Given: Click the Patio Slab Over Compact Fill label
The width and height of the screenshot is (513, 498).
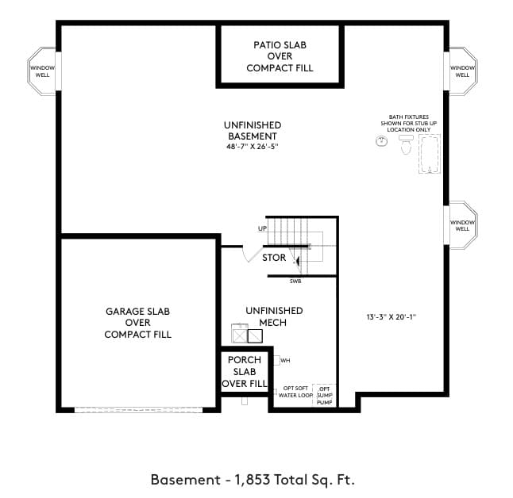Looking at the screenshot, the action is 280,56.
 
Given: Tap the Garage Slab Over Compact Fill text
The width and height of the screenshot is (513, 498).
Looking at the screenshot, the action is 137,323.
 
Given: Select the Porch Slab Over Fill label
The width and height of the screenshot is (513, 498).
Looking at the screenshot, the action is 245,372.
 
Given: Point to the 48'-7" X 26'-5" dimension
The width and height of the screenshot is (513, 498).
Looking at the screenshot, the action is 253,147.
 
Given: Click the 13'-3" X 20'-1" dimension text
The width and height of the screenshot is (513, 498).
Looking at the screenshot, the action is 391,317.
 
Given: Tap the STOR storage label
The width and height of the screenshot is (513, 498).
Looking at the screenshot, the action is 274,258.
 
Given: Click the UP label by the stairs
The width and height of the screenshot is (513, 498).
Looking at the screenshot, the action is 262,228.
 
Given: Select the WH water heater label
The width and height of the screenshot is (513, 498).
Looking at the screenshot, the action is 285,361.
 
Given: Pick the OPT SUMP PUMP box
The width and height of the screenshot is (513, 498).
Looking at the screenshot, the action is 324,396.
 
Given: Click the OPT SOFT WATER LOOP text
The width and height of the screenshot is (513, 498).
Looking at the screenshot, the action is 295,392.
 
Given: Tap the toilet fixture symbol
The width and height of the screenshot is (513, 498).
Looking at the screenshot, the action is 406,144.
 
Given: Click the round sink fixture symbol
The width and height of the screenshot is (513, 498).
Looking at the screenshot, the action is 381,141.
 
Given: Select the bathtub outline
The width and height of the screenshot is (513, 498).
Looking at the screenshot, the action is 430,154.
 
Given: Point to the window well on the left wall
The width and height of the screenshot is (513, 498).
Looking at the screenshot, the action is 42,71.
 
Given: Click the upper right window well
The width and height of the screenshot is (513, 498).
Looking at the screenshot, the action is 462,71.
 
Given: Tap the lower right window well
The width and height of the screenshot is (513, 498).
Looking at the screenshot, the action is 462,225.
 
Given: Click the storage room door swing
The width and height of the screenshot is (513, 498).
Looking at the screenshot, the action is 251,255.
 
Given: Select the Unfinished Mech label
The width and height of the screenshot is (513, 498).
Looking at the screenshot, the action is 274,316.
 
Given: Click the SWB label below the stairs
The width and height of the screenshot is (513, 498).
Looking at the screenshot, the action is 295,282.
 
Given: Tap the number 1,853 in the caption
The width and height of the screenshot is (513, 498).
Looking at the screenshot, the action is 253,480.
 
